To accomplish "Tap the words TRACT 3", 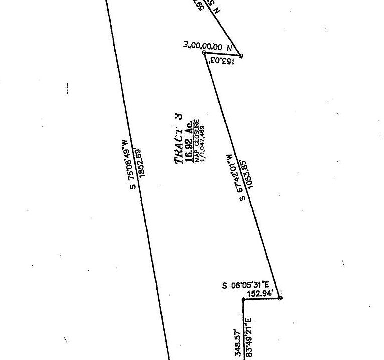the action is [x=178, y=139].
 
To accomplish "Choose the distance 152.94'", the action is [x=260, y=294].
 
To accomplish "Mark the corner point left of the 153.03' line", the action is [x=204, y=52].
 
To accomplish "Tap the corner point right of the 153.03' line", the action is [x=241, y=56].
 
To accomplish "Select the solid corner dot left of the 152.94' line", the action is [x=243, y=299].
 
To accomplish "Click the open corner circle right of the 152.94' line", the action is [x=280, y=298].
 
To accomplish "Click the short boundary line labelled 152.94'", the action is [x=262, y=299].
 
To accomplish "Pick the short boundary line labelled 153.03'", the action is [x=222, y=54].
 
